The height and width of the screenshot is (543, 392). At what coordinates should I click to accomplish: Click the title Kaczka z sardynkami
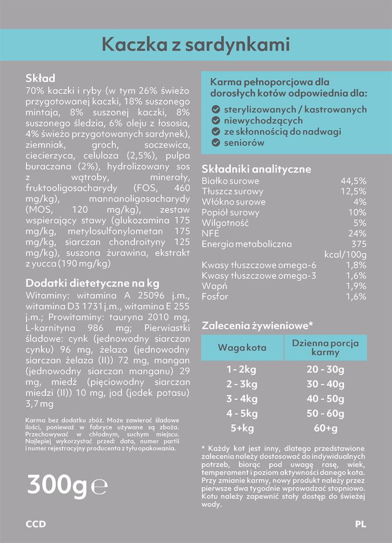pyautogui.click(x=196, y=45)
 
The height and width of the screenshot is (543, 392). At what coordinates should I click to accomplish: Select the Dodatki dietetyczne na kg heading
pyautogui.click(x=92, y=283)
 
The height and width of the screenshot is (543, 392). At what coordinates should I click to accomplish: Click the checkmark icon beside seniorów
pyautogui.click(x=215, y=143)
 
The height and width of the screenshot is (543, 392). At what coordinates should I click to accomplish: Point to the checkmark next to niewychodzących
pyautogui.click(x=215, y=120)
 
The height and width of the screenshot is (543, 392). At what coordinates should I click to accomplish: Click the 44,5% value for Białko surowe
pyautogui.click(x=353, y=181)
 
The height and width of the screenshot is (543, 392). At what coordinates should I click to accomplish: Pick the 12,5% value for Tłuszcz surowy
pyautogui.click(x=353, y=191)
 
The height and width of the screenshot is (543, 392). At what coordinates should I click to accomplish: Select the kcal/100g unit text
pyautogui.click(x=346, y=254)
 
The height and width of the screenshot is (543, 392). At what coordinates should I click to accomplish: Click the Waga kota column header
pyautogui.click(x=242, y=348)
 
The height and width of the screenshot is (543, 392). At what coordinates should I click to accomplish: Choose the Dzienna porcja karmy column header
pyautogui.click(x=326, y=347)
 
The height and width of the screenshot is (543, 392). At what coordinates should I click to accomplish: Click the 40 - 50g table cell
pyautogui.click(x=326, y=399)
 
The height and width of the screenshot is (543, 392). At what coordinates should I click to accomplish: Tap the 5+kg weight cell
pyautogui.click(x=242, y=429)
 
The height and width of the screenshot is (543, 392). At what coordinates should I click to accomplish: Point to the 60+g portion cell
pyautogui.click(x=326, y=429)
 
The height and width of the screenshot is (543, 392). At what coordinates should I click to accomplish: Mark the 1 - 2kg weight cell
pyautogui.click(x=242, y=369)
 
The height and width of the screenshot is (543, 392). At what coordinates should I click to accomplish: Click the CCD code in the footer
pyautogui.click(x=36, y=524)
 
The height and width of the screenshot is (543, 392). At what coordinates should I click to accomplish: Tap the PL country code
pyautogui.click(x=361, y=524)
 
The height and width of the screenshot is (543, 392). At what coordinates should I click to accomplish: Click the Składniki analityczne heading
pyautogui.click(x=256, y=169)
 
